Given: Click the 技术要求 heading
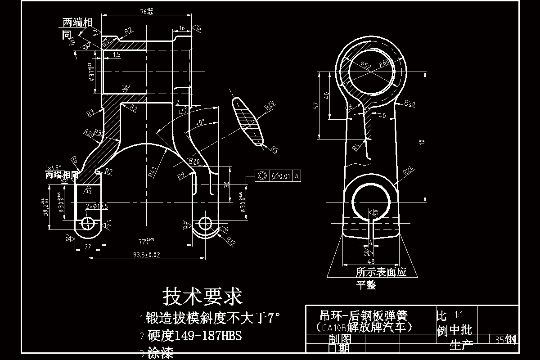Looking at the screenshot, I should point(202,296).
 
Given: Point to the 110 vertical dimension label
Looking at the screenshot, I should point(422,144).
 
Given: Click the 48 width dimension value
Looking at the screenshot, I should point(371,261).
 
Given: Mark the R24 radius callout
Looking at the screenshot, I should point(408,171).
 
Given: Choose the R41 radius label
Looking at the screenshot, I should point(152,171).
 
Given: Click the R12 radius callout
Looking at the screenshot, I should point(231,241).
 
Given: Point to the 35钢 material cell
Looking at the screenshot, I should point(505,339).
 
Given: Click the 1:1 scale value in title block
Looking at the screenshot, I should point(459,315).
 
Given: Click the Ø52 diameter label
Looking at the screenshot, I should point(366,66).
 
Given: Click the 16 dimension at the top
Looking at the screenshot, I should point(182,28).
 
